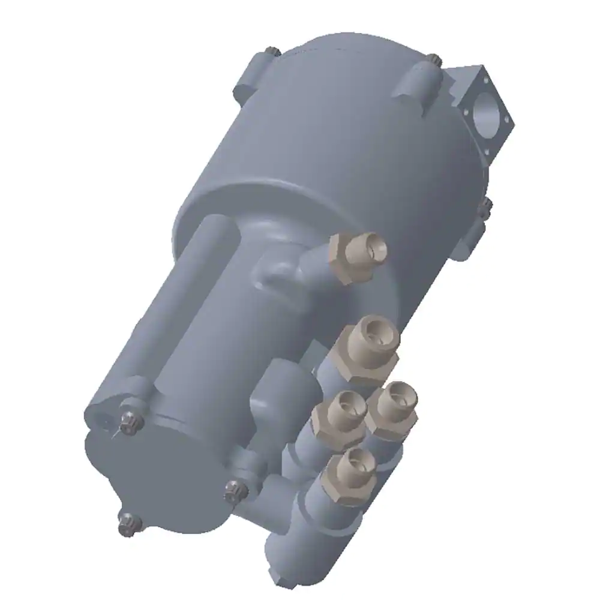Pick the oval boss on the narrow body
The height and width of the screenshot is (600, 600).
click(x=276, y=273)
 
